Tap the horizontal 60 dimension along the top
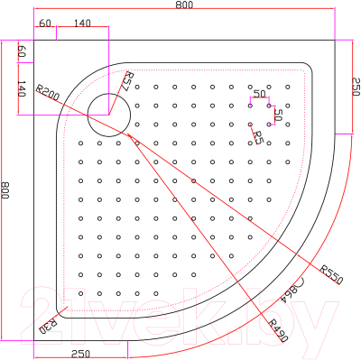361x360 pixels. (x=45, y=23)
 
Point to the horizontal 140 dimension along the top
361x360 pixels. (x=83, y=23)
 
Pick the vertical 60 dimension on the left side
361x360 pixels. (x=22, y=53)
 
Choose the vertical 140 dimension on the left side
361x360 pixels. (x=22, y=89)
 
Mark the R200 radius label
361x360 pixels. (x=49, y=91)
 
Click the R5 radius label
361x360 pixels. (x=258, y=137)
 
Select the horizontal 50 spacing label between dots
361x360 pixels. (x=259, y=95)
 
